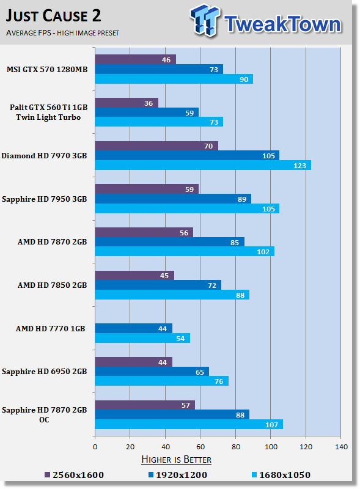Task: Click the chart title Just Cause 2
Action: (53, 16)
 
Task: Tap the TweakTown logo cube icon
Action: (205, 20)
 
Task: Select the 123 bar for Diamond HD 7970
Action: (203, 165)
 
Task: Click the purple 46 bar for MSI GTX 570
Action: (136, 59)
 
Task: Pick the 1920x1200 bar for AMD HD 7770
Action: (133, 328)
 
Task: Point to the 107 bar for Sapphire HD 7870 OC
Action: (189, 424)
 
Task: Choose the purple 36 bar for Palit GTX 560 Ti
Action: (127, 103)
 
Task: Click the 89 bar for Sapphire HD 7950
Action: (173, 199)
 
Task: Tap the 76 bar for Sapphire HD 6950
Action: (161, 381)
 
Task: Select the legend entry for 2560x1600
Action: (74, 475)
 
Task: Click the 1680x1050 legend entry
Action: (281, 475)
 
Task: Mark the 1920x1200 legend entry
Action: (177, 475)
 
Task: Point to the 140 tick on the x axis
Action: (341, 447)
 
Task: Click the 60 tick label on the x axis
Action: (200, 447)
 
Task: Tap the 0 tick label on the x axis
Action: (95, 447)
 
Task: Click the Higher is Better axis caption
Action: (176, 460)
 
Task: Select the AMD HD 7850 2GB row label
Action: (52, 285)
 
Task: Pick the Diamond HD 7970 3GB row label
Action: (44, 156)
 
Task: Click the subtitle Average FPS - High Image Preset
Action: (62, 33)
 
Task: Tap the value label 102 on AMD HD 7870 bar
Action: (263, 252)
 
